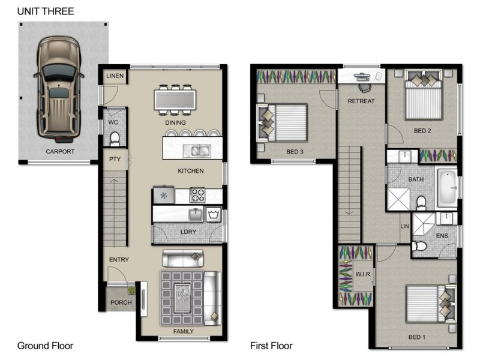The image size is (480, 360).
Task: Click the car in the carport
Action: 59,89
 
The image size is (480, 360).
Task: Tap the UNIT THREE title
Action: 46,11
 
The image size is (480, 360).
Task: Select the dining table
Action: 175,100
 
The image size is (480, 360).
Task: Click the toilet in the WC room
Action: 115,139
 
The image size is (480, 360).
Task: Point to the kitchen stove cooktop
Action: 197,195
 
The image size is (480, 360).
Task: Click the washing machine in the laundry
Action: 214,214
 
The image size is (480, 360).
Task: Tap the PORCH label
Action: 121,302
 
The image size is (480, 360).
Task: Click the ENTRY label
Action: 119,260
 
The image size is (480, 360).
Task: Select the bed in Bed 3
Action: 281,123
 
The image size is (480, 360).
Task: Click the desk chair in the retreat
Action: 365,88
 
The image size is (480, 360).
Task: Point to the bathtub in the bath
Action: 446,188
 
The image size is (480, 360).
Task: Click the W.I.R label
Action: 363,274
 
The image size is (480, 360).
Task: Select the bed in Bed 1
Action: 431,304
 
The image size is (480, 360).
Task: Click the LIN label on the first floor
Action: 404,226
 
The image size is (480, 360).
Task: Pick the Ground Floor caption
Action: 46,346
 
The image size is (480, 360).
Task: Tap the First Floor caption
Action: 271,346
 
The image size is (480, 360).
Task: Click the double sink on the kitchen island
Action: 197,151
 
